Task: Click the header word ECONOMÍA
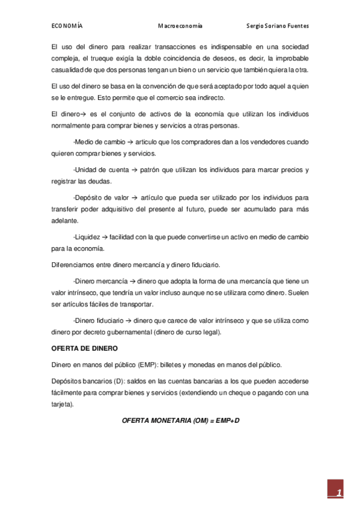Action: [67, 26]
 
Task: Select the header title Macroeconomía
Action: [180, 26]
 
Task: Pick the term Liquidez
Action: [87, 236]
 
